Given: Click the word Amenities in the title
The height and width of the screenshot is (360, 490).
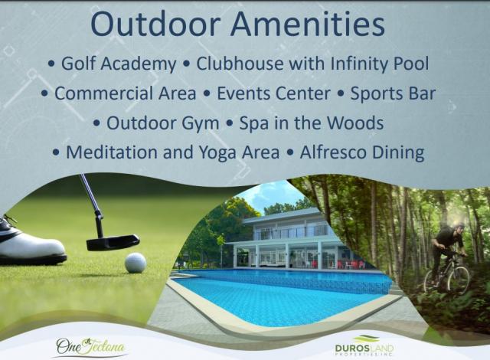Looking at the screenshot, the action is [308, 25].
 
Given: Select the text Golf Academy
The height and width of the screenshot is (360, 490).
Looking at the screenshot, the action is [119, 64].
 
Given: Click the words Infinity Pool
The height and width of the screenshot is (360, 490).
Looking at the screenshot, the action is [380, 64].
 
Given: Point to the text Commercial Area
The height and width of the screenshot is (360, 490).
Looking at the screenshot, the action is [126, 93].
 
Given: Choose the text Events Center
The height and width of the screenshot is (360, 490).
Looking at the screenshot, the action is [273, 93].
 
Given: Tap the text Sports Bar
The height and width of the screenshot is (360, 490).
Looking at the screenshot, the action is [393, 93].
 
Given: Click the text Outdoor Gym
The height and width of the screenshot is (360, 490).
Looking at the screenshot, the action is [163, 123].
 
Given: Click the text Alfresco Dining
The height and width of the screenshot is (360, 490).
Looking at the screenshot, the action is [362, 153].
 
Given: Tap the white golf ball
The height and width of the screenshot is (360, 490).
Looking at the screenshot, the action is [136, 263].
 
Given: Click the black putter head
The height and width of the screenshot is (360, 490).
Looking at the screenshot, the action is [113, 243].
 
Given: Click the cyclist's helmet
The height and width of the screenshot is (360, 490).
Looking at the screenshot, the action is [459, 225].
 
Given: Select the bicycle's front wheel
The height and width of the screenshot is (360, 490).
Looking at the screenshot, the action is [459, 280].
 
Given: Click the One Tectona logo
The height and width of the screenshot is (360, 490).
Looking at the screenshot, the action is [90, 347].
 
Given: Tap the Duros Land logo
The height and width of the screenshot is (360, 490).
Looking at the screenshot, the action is [364, 346].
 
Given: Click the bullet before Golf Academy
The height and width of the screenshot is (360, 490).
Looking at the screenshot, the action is [51, 64].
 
